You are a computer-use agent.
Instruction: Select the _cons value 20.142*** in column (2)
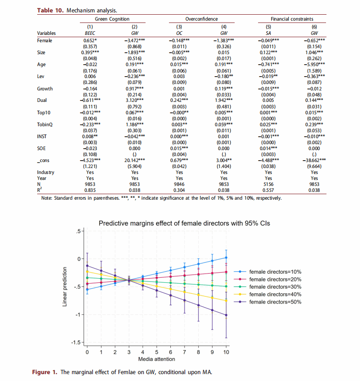135,160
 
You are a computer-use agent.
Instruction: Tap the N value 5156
268,184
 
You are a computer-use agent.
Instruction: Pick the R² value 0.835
90,190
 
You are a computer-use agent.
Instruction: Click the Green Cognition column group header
112,19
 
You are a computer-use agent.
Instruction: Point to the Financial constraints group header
292,19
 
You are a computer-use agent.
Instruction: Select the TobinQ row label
45,124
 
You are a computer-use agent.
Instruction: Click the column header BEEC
90,33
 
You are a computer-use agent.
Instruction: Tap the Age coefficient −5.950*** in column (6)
314,64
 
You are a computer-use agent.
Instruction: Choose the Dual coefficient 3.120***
135,101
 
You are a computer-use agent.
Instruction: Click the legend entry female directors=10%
268,272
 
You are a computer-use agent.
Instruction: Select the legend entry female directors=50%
268,302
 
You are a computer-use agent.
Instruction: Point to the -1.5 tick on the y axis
76,342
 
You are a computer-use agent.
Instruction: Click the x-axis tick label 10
226,352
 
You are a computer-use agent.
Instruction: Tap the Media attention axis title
157,359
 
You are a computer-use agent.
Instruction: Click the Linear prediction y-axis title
65,287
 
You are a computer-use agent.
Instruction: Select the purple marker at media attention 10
226,315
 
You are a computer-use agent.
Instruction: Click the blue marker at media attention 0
87,289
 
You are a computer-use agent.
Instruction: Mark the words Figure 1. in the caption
45,372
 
